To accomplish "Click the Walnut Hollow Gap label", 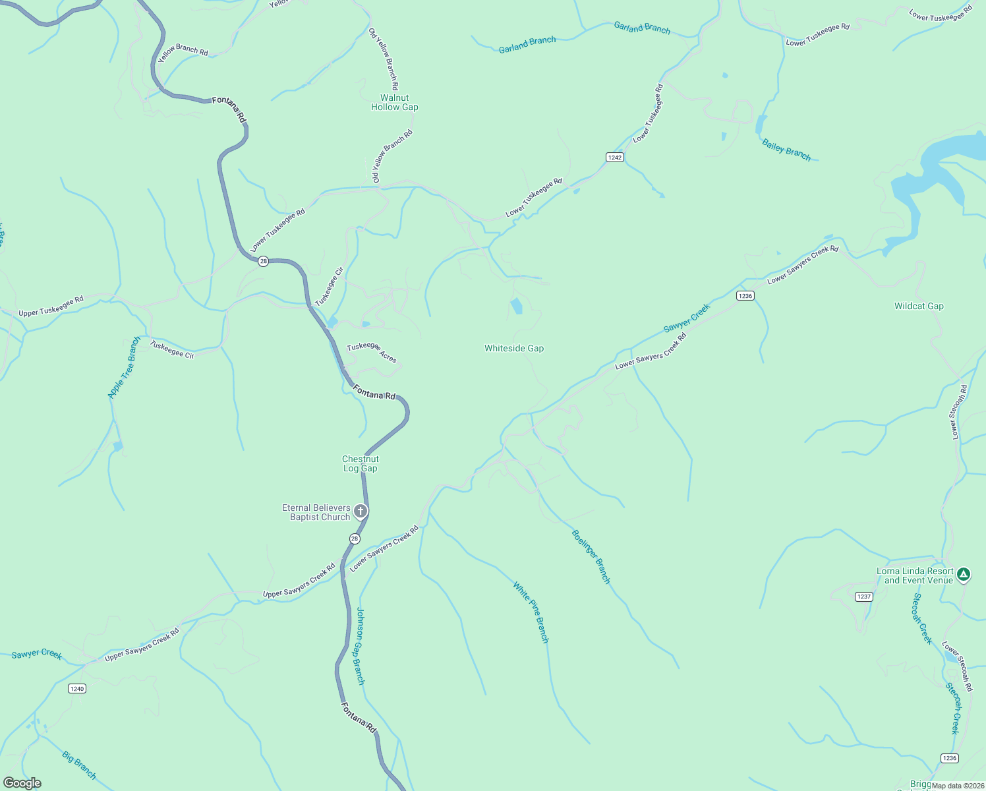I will click(x=394, y=103).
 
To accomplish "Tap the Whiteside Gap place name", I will click(x=514, y=349).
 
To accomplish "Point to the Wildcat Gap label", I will click(x=919, y=306).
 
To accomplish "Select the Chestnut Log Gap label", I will click(x=360, y=464).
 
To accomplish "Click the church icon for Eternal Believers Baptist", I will click(x=361, y=511).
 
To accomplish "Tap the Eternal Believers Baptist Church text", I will click(x=316, y=512).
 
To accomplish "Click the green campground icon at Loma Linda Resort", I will click(x=964, y=574).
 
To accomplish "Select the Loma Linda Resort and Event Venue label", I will click(x=915, y=576).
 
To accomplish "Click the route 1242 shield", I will click(x=614, y=158).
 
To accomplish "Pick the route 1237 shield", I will click(x=863, y=597).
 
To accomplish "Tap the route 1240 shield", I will click(x=77, y=689).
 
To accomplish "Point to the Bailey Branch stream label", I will click(x=786, y=150).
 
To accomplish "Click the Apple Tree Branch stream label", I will click(x=124, y=368).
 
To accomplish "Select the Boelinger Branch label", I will click(x=591, y=557).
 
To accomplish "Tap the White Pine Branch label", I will click(x=531, y=612).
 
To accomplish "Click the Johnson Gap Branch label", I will click(x=360, y=646).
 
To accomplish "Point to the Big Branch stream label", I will click(x=79, y=765).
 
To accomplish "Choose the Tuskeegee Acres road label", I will click(x=372, y=353).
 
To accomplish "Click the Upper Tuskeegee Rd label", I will click(x=51, y=307).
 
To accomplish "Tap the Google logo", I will click(x=22, y=782).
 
